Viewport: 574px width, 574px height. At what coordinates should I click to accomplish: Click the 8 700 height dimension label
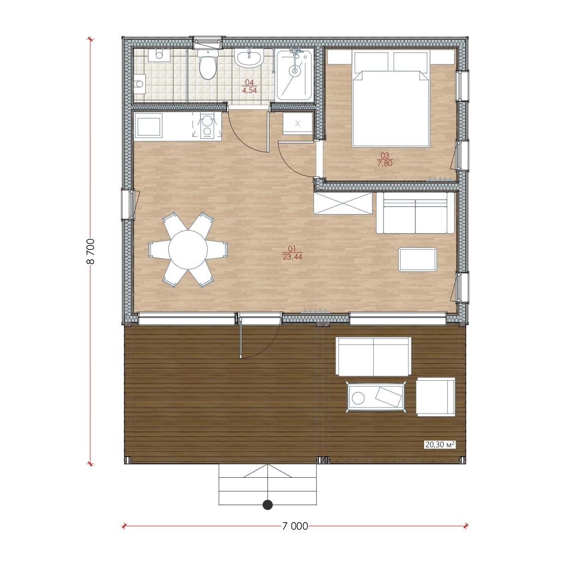pyautogui.click(x=91, y=251)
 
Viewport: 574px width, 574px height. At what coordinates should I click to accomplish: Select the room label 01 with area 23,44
pyautogui.click(x=292, y=253)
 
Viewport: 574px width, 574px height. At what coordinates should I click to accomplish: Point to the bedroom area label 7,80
pyautogui.click(x=385, y=163)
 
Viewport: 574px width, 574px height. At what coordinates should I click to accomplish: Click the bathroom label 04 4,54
pyautogui.click(x=250, y=86)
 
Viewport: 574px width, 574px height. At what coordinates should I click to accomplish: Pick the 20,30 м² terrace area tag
pyautogui.click(x=440, y=453)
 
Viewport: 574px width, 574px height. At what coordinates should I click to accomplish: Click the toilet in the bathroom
pyautogui.click(x=208, y=64)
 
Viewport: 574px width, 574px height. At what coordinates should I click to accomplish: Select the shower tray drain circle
pyautogui.click(x=295, y=71)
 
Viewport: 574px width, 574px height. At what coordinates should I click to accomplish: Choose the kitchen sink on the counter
pyautogui.click(x=149, y=127)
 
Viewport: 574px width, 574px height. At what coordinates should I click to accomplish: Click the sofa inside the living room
pyautogui.click(x=415, y=213)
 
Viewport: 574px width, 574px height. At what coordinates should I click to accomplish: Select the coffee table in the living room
pyautogui.click(x=418, y=259)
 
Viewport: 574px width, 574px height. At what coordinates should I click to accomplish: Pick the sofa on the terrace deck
pyautogui.click(x=374, y=356)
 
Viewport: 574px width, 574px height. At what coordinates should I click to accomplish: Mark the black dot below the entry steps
pyautogui.click(x=268, y=505)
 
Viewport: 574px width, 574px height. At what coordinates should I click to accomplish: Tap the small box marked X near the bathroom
pyautogui.click(x=297, y=123)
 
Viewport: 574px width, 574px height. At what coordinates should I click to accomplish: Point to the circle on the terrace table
pyautogui.click(x=358, y=398)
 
